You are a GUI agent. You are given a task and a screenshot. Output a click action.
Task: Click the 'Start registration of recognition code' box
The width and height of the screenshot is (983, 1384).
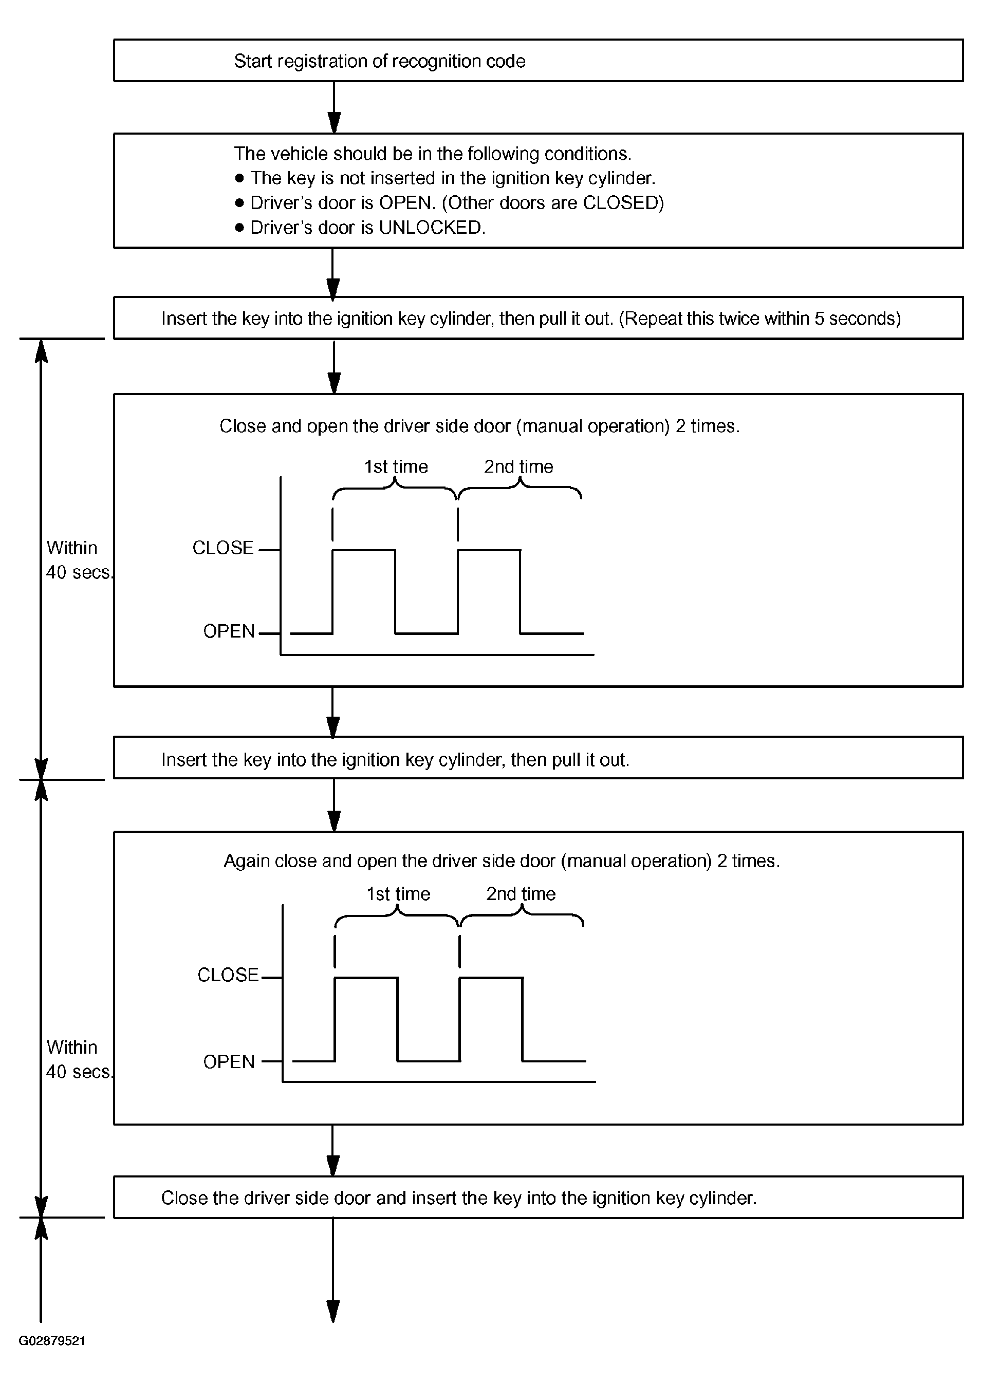[538, 61]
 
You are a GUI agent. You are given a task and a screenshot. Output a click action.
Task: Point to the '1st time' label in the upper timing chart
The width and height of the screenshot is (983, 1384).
[396, 466]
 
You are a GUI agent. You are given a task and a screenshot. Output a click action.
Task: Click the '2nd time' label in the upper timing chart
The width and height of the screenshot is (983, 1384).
[519, 466]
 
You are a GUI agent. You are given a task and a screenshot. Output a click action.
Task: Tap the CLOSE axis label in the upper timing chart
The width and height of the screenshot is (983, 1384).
[222, 548]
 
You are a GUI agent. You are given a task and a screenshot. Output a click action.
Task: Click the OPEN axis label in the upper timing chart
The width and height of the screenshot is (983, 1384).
[229, 631]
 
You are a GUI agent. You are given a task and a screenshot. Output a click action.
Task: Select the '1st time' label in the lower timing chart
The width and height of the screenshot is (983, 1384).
[398, 894]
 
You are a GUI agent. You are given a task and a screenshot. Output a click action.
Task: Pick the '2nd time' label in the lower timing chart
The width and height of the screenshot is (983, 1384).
[521, 894]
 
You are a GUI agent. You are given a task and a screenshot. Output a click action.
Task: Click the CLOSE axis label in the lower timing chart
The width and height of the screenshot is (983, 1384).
[228, 975]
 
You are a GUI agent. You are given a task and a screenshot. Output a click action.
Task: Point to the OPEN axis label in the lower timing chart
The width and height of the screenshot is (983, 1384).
[229, 1061]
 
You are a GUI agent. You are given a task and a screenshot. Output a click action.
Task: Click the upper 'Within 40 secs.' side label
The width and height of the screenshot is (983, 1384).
[79, 560]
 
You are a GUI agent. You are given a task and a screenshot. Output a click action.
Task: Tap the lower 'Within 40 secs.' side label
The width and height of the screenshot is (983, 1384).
[79, 1059]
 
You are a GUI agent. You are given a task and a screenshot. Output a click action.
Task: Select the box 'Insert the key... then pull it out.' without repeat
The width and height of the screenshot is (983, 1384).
[538, 757]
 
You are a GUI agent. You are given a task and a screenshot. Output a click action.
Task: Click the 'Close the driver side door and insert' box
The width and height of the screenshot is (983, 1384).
[538, 1197]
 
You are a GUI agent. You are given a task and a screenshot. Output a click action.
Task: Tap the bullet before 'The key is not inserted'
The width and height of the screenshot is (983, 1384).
[239, 178]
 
